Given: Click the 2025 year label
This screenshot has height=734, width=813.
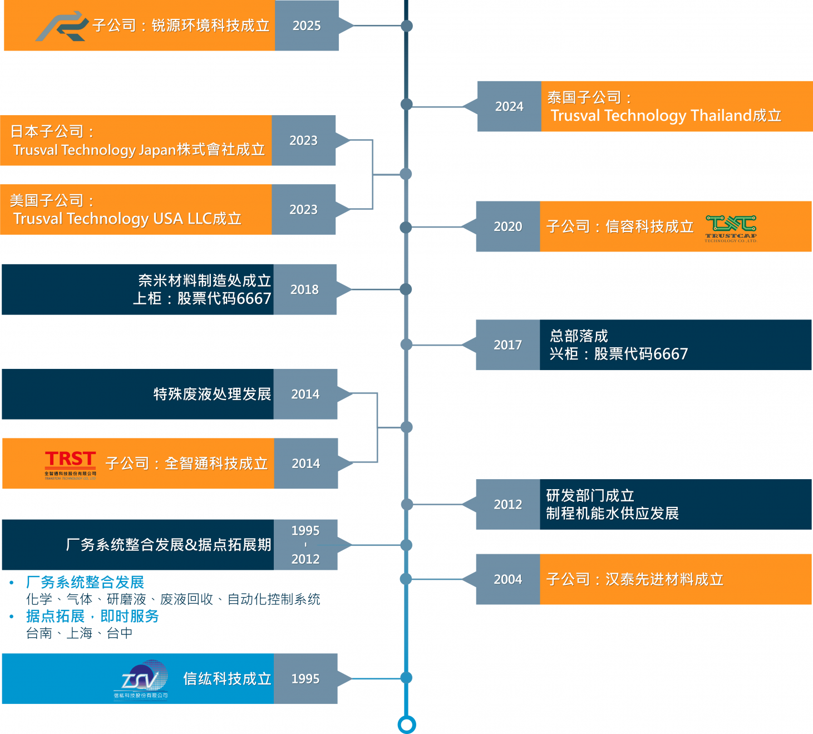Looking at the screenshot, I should [x=307, y=26].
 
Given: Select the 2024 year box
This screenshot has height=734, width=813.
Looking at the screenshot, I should [x=509, y=106].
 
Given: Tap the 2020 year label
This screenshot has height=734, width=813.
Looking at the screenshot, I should [x=508, y=226].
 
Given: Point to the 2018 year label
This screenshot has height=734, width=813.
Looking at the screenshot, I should [x=304, y=289].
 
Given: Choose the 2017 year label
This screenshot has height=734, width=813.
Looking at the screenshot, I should [x=508, y=345].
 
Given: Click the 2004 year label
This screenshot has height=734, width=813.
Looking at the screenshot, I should [x=508, y=579].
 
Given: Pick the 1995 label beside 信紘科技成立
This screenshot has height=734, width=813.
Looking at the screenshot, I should [x=306, y=679].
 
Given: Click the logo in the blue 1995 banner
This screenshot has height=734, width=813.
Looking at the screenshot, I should [x=142, y=678].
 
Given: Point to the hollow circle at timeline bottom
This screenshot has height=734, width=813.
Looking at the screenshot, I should [x=407, y=725].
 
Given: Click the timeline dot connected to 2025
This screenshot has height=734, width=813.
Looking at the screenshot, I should [x=407, y=26].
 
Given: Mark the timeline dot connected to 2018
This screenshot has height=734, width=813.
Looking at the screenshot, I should [x=406, y=289].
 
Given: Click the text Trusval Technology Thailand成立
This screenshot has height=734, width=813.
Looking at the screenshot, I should [x=666, y=116].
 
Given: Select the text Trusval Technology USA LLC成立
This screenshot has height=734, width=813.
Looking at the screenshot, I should [x=127, y=219].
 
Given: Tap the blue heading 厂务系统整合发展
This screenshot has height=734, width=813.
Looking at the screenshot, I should [x=85, y=582].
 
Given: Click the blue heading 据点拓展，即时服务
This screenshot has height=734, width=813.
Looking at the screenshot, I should [x=92, y=616].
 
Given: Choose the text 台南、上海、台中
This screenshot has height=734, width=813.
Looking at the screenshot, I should [x=79, y=633].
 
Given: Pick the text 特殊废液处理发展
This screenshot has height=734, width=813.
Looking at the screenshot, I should [x=212, y=394].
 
